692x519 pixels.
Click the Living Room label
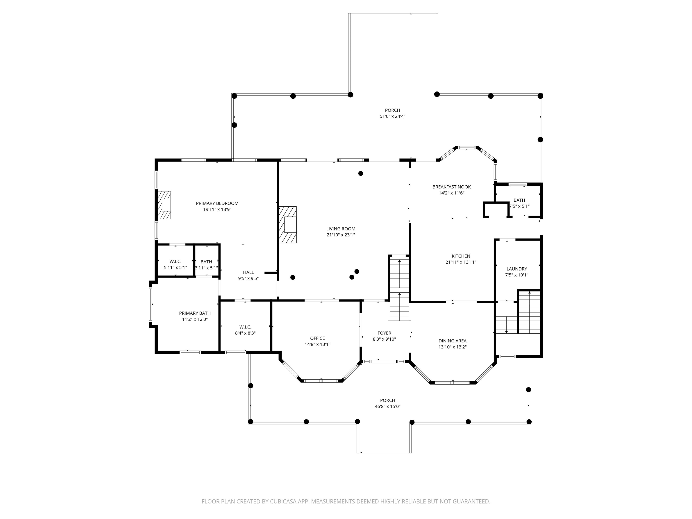(x=341, y=229)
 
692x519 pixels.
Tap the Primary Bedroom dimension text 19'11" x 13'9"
(x=217, y=209)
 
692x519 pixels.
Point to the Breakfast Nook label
(x=451, y=187)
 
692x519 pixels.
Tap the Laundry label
(x=517, y=269)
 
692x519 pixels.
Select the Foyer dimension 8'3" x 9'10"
(x=384, y=339)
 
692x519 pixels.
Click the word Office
(x=317, y=338)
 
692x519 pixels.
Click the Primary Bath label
(x=195, y=313)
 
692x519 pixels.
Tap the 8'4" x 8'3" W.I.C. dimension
(x=245, y=333)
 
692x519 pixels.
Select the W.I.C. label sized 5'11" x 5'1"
(x=175, y=261)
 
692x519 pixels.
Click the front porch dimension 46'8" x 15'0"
(x=388, y=406)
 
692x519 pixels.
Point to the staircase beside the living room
(x=399, y=288)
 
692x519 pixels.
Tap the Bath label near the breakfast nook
(x=519, y=200)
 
